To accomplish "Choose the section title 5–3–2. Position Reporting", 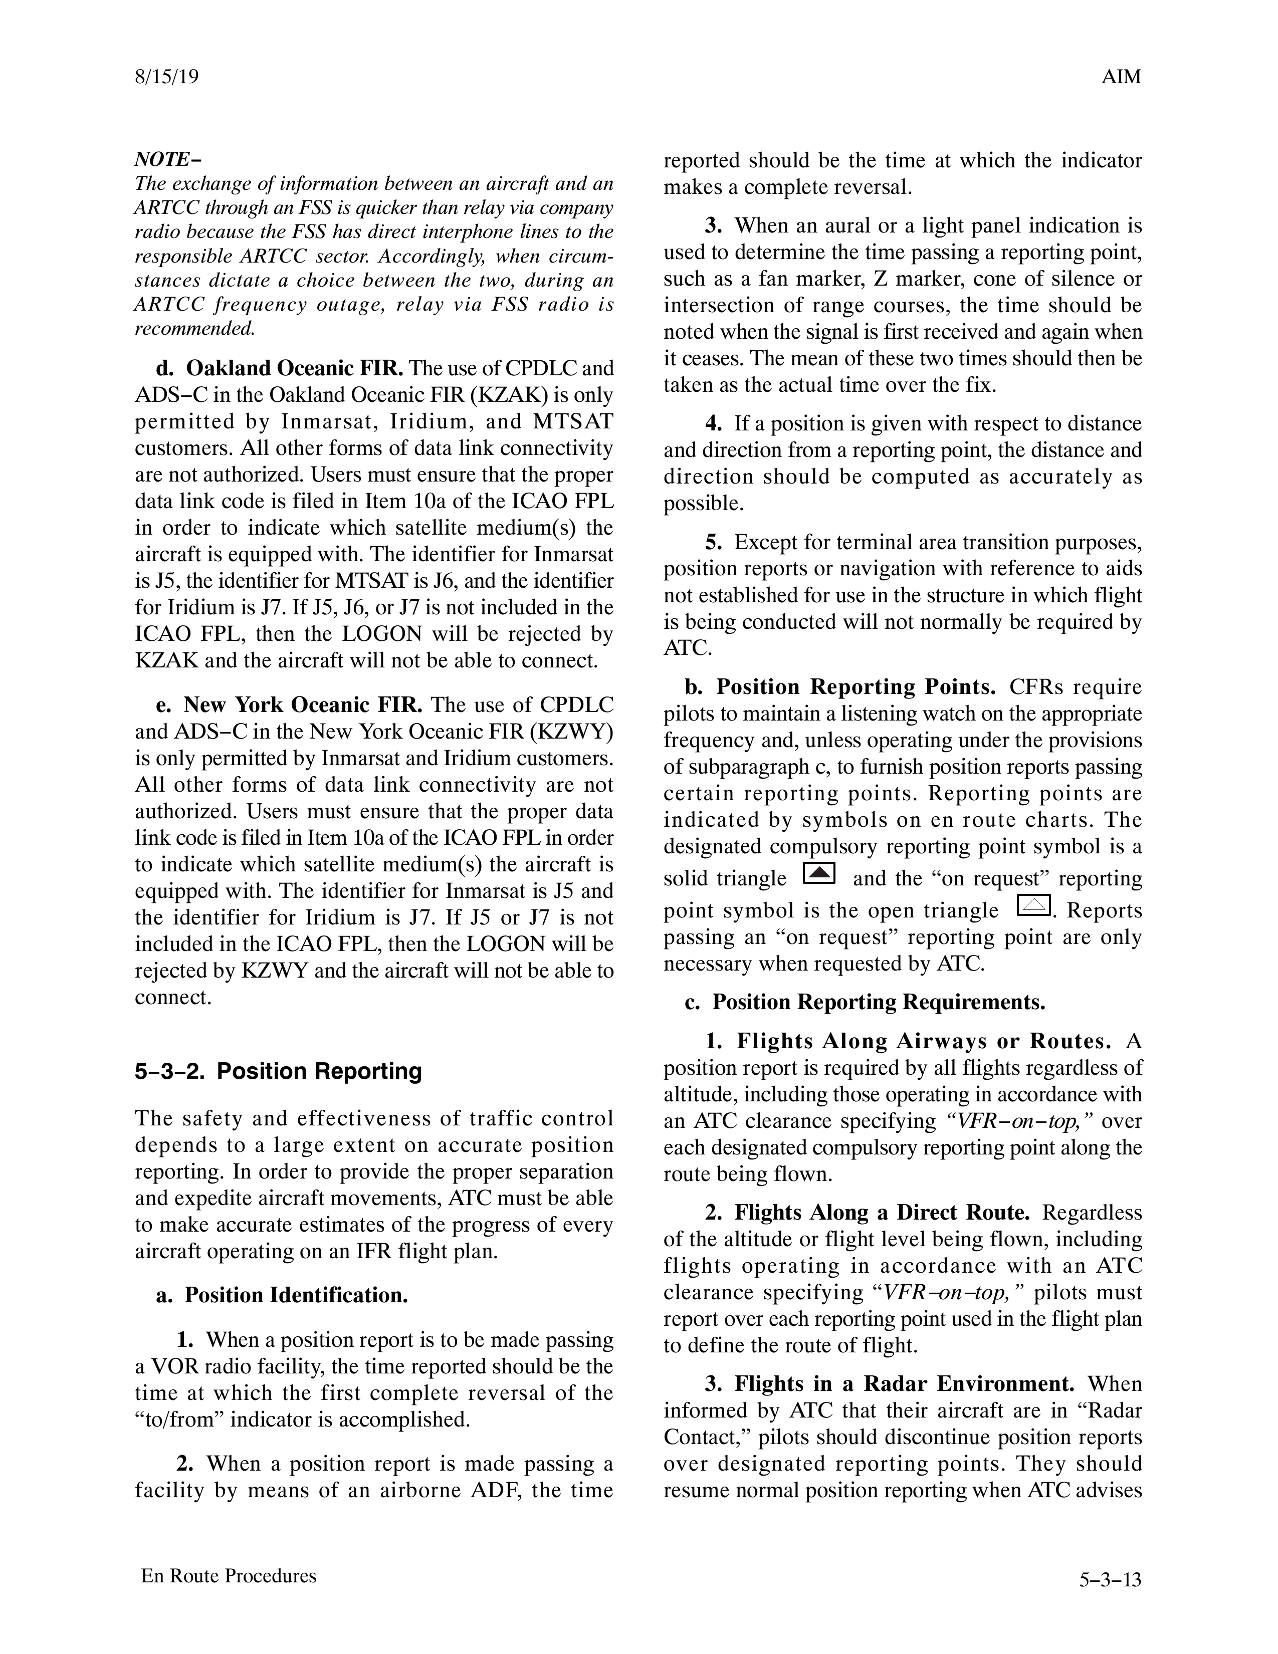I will coord(278,1072).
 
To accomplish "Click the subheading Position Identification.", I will coord(296,1295).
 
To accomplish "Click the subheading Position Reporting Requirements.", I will coord(878,1002).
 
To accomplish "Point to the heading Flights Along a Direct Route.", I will coord(882,1213).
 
